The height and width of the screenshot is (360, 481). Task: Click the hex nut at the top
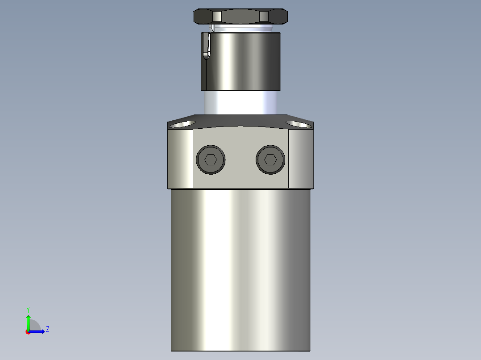point(240,17)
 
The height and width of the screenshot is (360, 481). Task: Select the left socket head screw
point(211,160)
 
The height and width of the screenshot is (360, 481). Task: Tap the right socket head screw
point(270,160)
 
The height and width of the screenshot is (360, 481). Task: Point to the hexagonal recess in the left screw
point(211,160)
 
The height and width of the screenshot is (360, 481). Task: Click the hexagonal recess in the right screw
point(270,160)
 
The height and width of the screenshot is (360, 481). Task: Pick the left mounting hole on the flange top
point(183,123)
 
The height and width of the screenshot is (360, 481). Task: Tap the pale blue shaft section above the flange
point(241,102)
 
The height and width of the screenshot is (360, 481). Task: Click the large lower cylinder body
point(240,267)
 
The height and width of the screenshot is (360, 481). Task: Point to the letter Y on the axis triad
point(28,309)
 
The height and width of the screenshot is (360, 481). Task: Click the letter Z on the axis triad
point(47,329)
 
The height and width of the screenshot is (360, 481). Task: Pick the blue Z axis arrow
point(38,331)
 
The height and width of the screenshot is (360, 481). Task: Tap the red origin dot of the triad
point(28,332)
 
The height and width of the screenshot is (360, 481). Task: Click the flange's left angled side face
point(180,158)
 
